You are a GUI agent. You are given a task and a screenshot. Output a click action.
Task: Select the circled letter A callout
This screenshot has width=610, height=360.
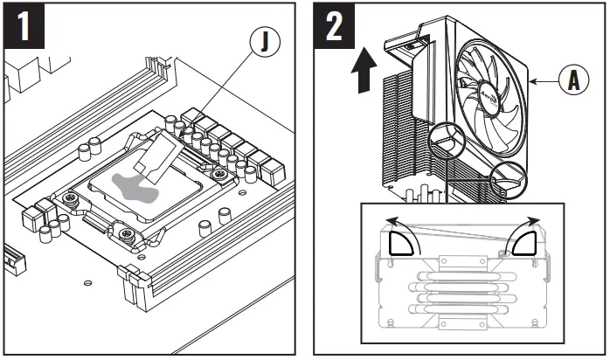[x=573, y=80]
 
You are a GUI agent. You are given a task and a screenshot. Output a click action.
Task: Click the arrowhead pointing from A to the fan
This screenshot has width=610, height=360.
[x=537, y=80]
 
